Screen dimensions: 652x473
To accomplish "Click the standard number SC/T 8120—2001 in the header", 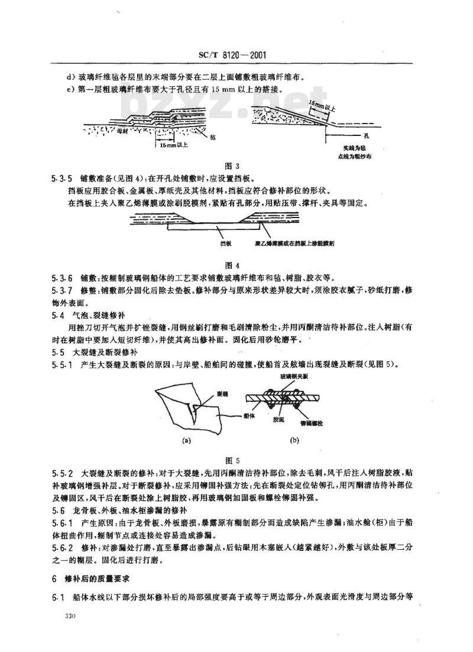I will tap(236, 56).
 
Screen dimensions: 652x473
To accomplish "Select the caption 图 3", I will tap(236, 166).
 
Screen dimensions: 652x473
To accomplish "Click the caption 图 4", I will tap(236, 263).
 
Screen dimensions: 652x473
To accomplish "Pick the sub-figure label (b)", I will tap(294, 440).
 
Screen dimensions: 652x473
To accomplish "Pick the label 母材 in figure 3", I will tap(122, 131).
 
